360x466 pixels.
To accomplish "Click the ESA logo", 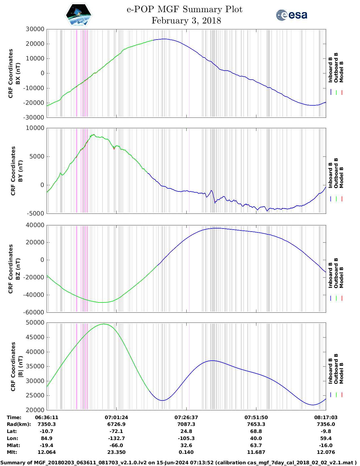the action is coord(291,15).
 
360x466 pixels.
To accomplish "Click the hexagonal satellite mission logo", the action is coord(78,15).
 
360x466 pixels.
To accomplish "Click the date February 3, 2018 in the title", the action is coord(186,21).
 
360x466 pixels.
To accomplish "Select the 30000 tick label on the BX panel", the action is coord(35,29).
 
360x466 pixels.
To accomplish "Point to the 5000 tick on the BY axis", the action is coord(37,156).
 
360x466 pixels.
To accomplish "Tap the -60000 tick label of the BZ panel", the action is coord(34,312).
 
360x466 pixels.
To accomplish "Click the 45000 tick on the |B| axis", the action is coord(35,337).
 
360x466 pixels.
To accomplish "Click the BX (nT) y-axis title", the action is coord(18,73).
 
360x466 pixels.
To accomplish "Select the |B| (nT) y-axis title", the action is coord(20,367).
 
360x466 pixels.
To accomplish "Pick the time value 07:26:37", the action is coord(186,417).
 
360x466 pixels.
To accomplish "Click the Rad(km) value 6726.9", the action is coord(116,424).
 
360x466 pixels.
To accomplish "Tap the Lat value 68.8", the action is coord(256,431).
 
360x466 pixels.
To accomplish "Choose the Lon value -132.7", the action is coord(116,438).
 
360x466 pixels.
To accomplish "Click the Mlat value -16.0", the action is coord(326,445).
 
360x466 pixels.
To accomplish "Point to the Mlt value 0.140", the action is coord(186,452).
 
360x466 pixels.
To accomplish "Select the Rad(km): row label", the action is coord(19,424).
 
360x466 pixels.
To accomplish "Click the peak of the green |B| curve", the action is coord(104,324).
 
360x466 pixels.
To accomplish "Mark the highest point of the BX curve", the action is coord(164,39).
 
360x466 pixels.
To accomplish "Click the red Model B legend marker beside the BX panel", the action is coord(342,92).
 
